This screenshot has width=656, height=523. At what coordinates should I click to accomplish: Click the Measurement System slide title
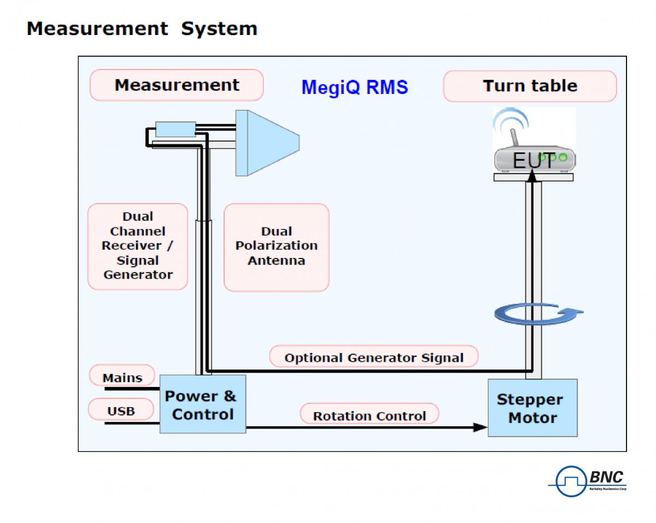[142, 28]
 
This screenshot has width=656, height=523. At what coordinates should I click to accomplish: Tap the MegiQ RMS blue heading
[354, 87]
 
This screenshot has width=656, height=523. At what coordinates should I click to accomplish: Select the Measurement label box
[177, 85]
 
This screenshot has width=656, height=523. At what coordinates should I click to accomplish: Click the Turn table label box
[530, 86]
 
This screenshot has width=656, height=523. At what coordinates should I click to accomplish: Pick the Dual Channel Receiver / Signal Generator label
[138, 246]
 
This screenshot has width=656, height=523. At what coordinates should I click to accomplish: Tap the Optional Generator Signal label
[374, 359]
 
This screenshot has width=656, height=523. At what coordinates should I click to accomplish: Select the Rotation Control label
[370, 416]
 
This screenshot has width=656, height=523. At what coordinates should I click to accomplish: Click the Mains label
[122, 378]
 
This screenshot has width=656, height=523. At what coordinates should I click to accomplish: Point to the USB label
[121, 411]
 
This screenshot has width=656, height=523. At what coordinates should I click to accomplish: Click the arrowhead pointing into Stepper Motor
[480, 427]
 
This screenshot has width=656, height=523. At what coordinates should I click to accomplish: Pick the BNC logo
[588, 481]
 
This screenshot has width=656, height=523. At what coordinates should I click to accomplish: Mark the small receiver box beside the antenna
[175, 129]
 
